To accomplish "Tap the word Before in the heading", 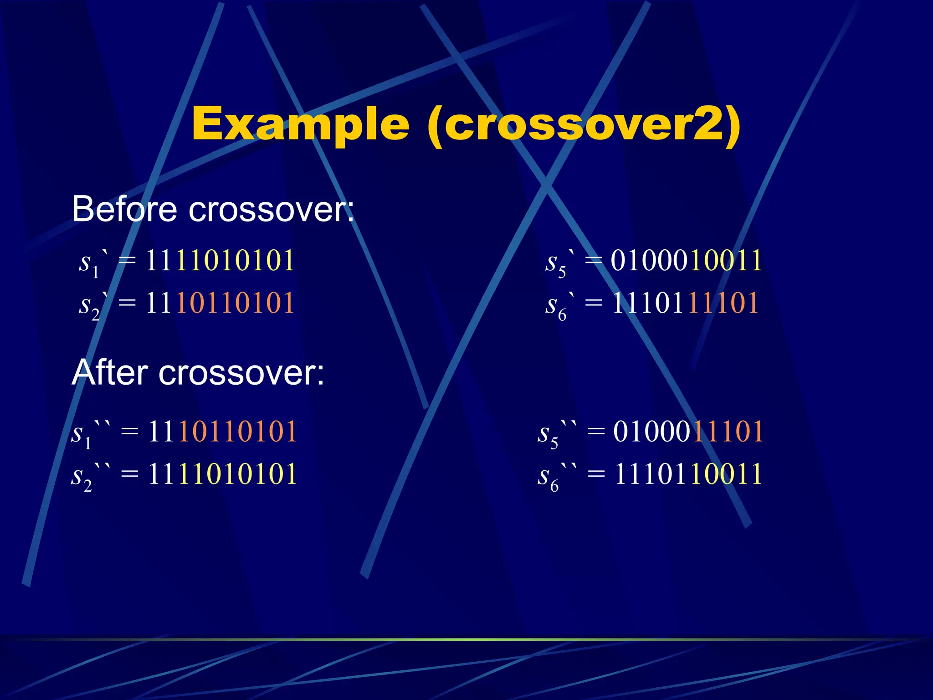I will click(x=124, y=209).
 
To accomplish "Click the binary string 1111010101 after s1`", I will click(x=220, y=261).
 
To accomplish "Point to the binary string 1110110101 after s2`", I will click(x=220, y=303).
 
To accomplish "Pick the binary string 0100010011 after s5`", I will click(x=686, y=261).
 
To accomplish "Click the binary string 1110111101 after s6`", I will click(x=685, y=303).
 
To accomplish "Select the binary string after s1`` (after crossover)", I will click(x=223, y=431).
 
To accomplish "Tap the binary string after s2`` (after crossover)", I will click(x=223, y=474).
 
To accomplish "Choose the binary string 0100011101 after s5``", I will click(x=688, y=431).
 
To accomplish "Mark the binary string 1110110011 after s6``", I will click(x=688, y=474).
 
